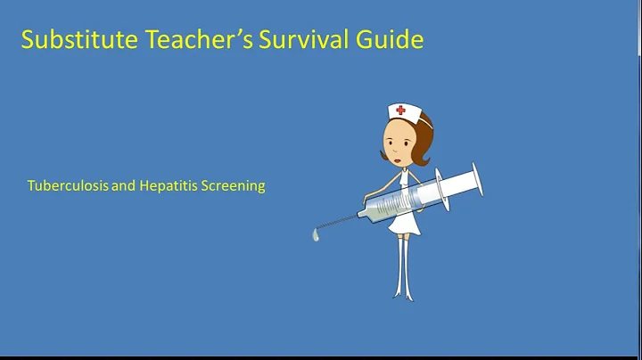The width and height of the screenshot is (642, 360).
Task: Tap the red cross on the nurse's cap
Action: point(400,111)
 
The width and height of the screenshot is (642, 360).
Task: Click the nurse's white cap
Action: point(403,113)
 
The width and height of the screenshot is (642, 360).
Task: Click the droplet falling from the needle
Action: point(316,237)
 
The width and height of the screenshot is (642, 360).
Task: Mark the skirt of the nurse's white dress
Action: point(403,223)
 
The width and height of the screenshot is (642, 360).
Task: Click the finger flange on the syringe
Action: point(443,188)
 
